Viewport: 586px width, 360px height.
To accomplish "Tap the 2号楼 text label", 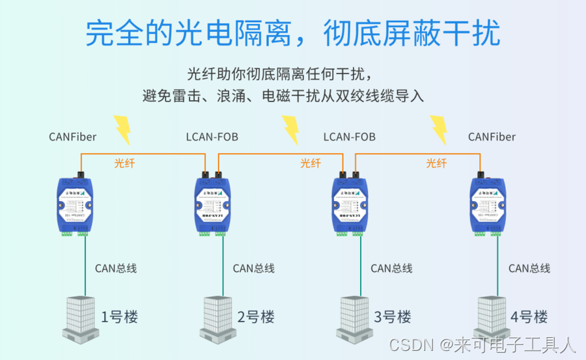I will click(x=256, y=317).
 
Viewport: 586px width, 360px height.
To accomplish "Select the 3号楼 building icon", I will click(x=355, y=317).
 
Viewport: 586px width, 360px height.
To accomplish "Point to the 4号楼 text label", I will click(x=529, y=317).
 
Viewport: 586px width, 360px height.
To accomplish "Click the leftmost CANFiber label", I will click(x=72, y=137).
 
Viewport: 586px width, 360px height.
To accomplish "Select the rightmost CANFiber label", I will click(x=492, y=137).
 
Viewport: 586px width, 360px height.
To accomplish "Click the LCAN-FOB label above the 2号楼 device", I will click(x=212, y=137).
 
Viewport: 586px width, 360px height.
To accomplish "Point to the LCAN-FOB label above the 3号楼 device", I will click(x=350, y=137).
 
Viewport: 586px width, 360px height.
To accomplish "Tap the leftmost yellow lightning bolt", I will click(x=122, y=130).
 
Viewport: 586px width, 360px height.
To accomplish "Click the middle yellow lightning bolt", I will click(x=290, y=130).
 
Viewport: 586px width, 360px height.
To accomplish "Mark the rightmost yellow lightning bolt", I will click(x=439, y=130).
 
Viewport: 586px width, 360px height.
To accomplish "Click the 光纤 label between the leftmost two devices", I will click(x=124, y=163).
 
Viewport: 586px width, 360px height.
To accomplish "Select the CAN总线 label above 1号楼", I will click(x=116, y=268).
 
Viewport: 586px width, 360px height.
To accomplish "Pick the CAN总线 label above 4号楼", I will click(x=529, y=268).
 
